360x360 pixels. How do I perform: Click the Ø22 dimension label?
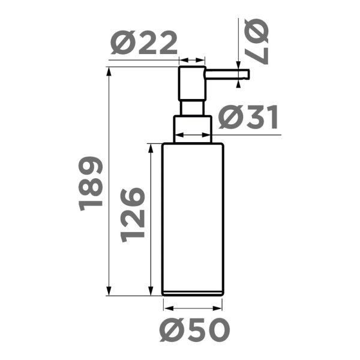coord(145,44)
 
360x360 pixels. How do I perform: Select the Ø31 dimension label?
coord(248,118)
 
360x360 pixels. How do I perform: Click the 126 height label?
coord(133,214)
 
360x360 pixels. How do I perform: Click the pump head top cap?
coord(193,83)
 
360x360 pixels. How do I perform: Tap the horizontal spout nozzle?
coord(227,74)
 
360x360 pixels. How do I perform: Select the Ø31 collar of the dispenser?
coord(193,128)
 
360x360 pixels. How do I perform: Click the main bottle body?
coord(193,216)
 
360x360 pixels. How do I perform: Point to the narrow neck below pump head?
coord(193,107)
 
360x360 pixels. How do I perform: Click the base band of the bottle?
coord(193,293)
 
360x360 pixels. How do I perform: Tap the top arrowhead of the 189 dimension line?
coord(109,71)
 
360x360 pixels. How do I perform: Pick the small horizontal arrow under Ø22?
coord(193,60)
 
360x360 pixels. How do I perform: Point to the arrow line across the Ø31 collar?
coord(193,136)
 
